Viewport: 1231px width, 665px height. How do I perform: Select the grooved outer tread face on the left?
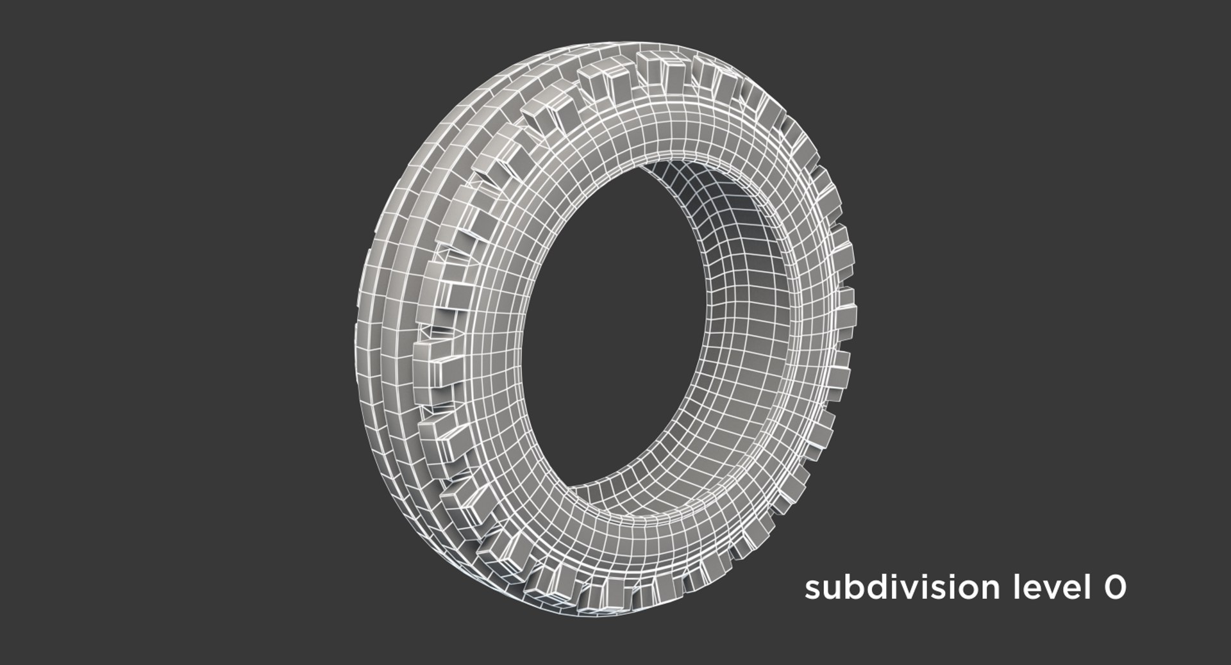click(x=385, y=288)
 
